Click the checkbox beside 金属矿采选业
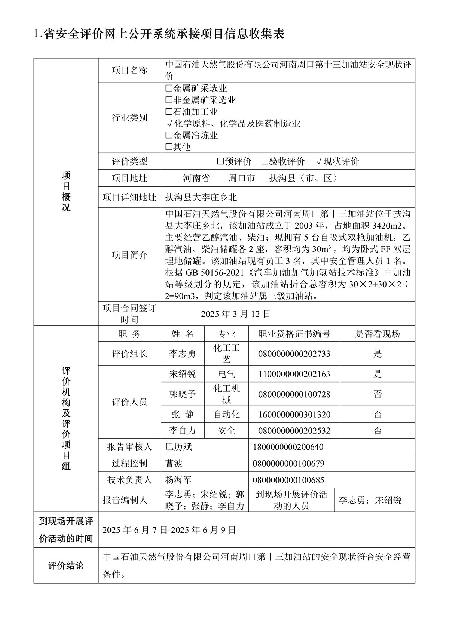pyautogui.click(x=169, y=89)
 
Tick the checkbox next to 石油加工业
pyautogui.click(x=169, y=112)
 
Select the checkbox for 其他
pyautogui.click(x=169, y=147)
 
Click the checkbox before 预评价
pyautogui.click(x=221, y=161)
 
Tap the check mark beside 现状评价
pyautogui.click(x=319, y=161)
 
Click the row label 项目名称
pyautogui.click(x=129, y=70)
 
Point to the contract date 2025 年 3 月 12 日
pyautogui.click(x=235, y=314)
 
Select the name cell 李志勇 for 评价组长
pyautogui.click(x=182, y=353)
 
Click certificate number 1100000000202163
pyautogui.click(x=294, y=374)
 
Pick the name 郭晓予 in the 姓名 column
pyautogui.click(x=182, y=394)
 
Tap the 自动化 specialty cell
pyautogui.click(x=226, y=414)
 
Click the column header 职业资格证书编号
pyautogui.click(x=294, y=334)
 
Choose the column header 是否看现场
pyautogui.click(x=378, y=334)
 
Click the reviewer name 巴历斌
pyautogui.click(x=178, y=447)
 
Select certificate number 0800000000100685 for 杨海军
pyautogui.click(x=288, y=480)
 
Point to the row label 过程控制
pyautogui.click(x=129, y=464)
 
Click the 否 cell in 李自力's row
pyautogui.click(x=378, y=431)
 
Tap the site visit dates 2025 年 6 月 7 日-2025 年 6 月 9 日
pyautogui.click(x=169, y=530)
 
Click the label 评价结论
pyautogui.click(x=66, y=566)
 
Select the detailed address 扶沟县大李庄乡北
pyautogui.click(x=201, y=197)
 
